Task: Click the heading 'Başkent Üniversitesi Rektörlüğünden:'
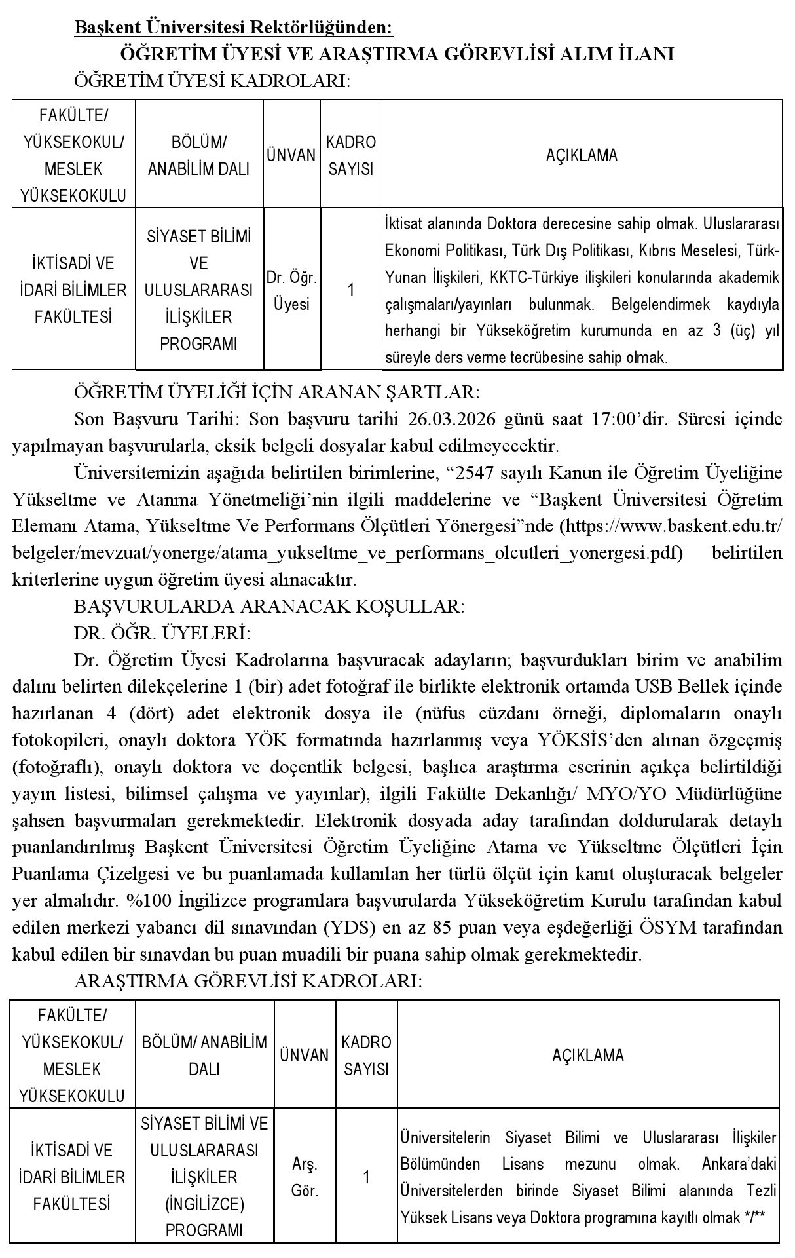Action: [x=234, y=28]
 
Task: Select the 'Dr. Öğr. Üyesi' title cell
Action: [x=291, y=291]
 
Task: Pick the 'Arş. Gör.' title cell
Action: [x=305, y=1177]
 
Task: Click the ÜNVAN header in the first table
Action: [x=291, y=156]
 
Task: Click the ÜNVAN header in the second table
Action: [x=305, y=1055]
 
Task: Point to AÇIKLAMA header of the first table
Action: [x=582, y=156]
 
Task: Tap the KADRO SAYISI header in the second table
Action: [x=366, y=1055]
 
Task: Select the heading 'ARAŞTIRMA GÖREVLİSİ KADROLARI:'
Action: [x=248, y=981]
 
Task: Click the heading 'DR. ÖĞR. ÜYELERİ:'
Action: [x=162, y=633]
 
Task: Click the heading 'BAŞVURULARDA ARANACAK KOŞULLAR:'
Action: [x=269, y=606]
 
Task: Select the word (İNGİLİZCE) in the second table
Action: [x=204, y=1204]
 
